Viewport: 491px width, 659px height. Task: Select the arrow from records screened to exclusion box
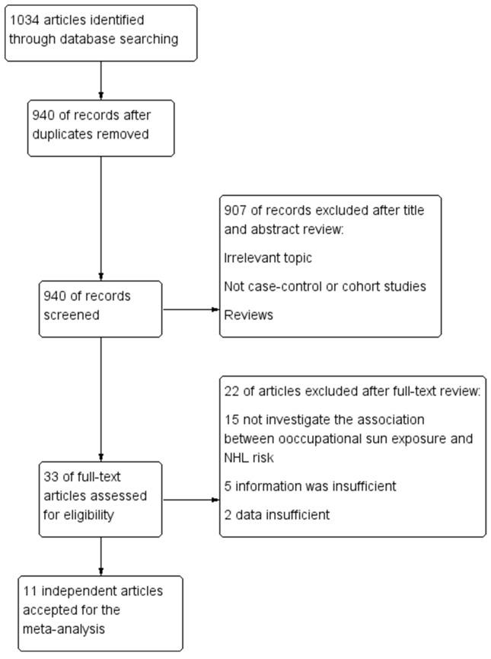[191, 309]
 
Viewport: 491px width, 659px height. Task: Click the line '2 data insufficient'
[278, 515]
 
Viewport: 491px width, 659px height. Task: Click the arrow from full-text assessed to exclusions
[191, 501]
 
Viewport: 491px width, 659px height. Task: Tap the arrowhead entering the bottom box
[101, 571]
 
